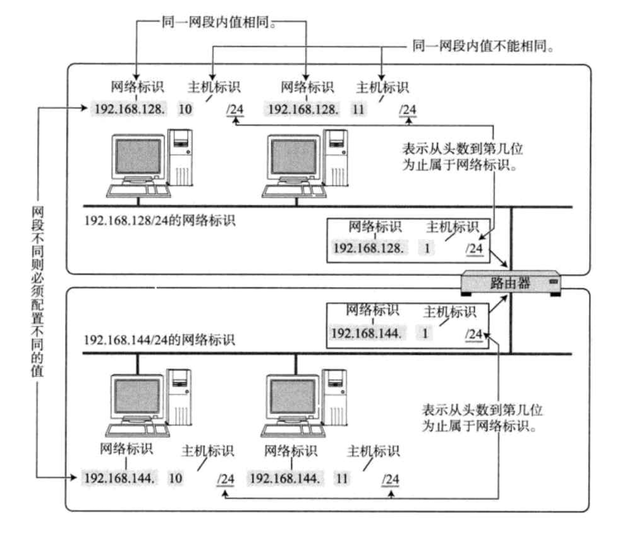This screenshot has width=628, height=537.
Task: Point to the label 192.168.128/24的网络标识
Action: pyautogui.click(x=159, y=220)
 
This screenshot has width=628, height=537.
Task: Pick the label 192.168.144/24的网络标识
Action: pyautogui.click(x=159, y=340)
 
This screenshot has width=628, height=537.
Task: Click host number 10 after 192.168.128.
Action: pyautogui.click(x=185, y=109)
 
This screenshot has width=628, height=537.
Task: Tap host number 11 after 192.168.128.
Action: pyautogui.click(x=358, y=109)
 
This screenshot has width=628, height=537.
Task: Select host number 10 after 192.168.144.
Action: pyautogui.click(x=175, y=478)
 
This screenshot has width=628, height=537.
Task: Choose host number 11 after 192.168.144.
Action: pyautogui.click(x=342, y=478)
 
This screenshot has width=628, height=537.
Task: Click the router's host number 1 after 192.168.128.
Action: pyautogui.click(x=427, y=248)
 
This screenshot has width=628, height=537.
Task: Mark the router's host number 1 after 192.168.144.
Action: pyautogui.click(x=425, y=334)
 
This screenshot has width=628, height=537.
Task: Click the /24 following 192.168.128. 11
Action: pyautogui.click(x=408, y=110)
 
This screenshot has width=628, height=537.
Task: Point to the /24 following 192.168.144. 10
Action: pyautogui.click(x=225, y=479)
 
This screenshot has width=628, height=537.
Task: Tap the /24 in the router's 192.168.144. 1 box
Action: pyautogui.click(x=474, y=334)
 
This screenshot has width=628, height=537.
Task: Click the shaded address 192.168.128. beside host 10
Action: pyautogui.click(x=131, y=109)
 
